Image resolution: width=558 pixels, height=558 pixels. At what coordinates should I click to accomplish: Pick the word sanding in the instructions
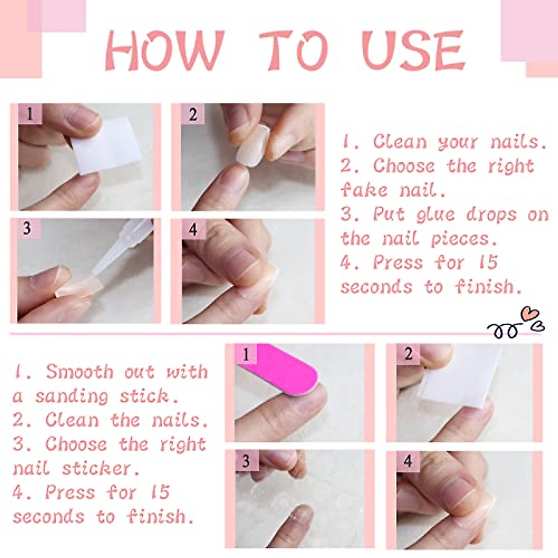click(x=73, y=396)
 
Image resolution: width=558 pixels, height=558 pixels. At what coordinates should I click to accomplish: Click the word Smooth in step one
click(x=80, y=372)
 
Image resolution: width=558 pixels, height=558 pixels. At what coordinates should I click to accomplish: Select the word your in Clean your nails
click(x=458, y=142)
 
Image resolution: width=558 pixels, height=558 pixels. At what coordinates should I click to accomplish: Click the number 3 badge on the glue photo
click(x=27, y=228)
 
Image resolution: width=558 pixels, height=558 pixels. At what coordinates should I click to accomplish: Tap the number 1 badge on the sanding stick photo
click(x=246, y=355)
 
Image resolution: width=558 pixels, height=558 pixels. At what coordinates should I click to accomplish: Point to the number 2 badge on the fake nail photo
click(x=193, y=114)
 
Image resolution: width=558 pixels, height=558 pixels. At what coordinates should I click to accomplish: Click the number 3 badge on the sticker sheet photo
click(x=246, y=461)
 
